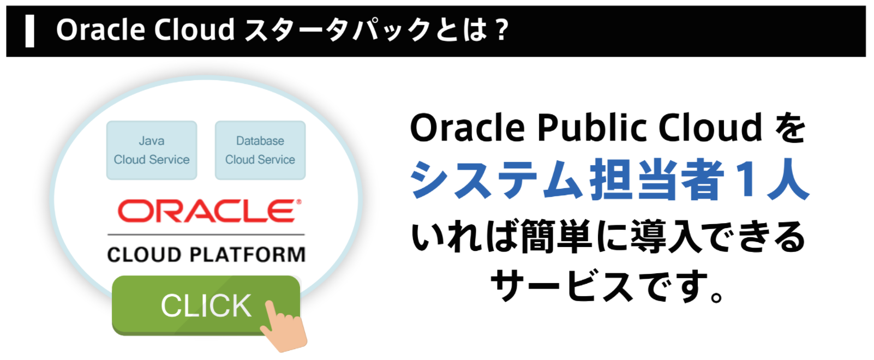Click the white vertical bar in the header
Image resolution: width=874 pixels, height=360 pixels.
pyautogui.click(x=29, y=31)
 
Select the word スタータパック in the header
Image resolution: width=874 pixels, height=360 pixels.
pyautogui.click(x=338, y=30)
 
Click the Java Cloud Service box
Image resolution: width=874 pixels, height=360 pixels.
pyautogui.click(x=152, y=150)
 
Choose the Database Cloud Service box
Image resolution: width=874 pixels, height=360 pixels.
pyautogui.click(x=260, y=150)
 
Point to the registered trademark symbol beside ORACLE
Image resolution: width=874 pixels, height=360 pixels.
pyautogui.click(x=299, y=202)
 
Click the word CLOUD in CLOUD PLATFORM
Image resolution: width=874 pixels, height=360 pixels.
pyautogui.click(x=145, y=255)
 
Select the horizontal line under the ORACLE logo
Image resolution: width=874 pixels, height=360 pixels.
pyautogui.click(x=206, y=235)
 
